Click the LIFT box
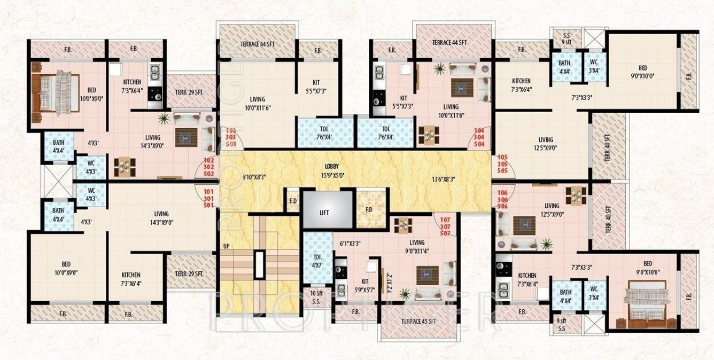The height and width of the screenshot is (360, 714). (x=324, y=212)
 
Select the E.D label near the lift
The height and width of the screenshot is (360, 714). (x=292, y=201)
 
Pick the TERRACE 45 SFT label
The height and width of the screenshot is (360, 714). (x=418, y=322)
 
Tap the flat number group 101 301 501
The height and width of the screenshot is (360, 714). (x=209, y=198)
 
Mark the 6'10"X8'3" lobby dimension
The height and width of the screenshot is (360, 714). (x=254, y=177)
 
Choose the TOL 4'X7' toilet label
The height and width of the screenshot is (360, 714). (x=317, y=260)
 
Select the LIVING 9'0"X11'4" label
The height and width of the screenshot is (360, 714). (x=417, y=246)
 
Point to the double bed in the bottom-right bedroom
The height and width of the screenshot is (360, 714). (x=645, y=305)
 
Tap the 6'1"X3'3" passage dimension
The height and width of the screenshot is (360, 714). (x=350, y=244)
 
